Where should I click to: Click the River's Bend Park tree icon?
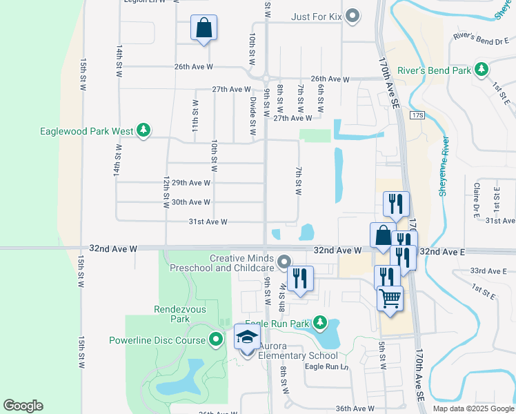tap(482, 70)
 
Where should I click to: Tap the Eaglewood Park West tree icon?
tap(143, 130)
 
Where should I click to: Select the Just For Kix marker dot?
tap(353, 15)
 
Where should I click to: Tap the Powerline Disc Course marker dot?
tap(216, 339)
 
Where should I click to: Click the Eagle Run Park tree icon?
tap(319, 322)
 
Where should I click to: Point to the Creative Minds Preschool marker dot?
tap(285, 262)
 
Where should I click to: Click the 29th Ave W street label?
tap(190, 183)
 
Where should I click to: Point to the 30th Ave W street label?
tap(190, 202)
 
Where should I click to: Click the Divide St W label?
tap(253, 115)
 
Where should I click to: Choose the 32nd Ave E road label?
tap(442, 253)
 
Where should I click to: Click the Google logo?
tap(23, 406)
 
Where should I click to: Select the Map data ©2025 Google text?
tap(473, 408)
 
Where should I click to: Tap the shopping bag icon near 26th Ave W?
tap(204, 28)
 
